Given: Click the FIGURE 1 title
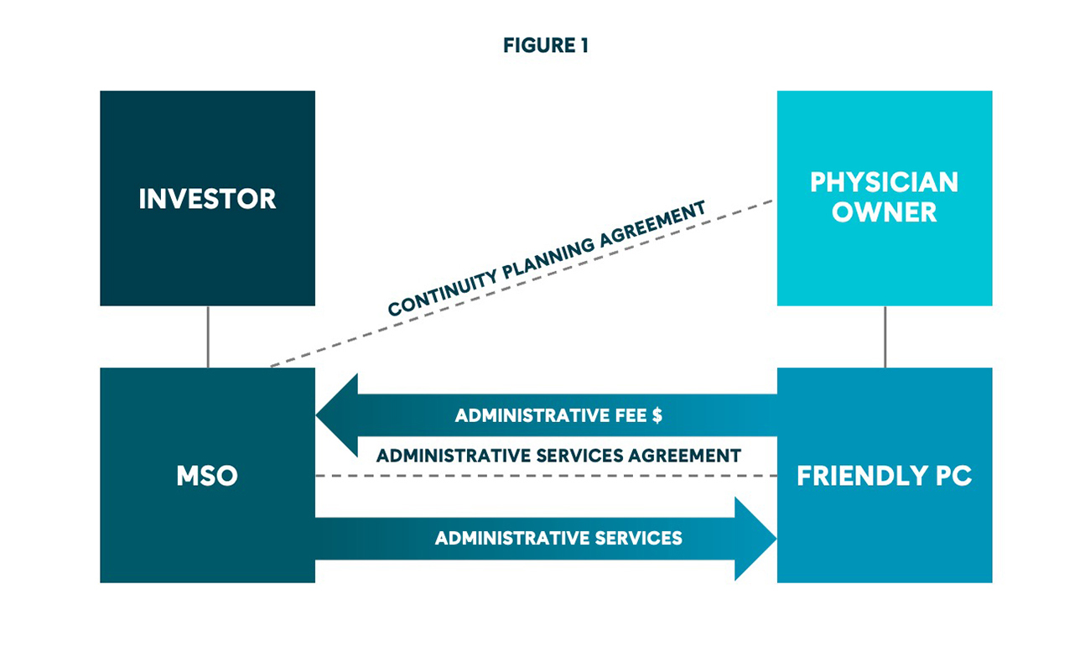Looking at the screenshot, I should (x=545, y=46).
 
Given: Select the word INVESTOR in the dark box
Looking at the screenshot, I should (x=207, y=199).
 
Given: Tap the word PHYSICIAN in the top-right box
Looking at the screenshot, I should (x=884, y=183).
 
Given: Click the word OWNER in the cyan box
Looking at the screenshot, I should (x=884, y=212).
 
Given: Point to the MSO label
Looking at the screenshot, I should (x=207, y=476).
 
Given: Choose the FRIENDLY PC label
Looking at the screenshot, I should (x=884, y=476).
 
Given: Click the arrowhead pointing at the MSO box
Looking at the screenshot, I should (x=335, y=415).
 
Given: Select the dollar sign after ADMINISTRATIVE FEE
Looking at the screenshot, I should (x=657, y=415).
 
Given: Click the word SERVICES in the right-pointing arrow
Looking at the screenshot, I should (x=636, y=538).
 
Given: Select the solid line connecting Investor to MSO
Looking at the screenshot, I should (x=207, y=337).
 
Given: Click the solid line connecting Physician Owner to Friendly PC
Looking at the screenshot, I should (x=885, y=337).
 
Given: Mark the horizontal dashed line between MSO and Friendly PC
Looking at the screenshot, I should (x=545, y=476).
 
